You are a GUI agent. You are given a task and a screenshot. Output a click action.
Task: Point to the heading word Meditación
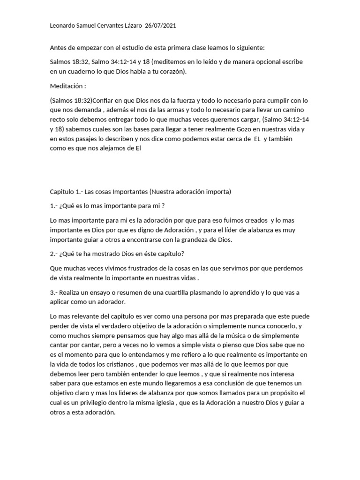67,87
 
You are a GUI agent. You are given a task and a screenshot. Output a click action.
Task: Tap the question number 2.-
54,254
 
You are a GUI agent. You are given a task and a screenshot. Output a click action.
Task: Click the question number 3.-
54,292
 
